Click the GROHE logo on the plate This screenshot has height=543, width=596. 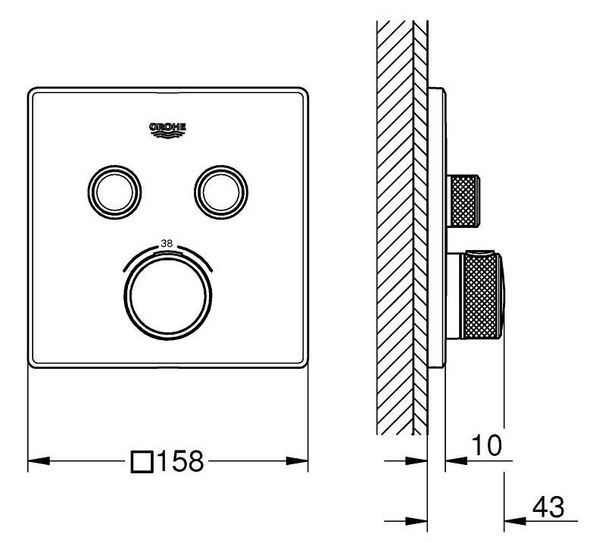[167, 130]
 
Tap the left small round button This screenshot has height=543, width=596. [114, 192]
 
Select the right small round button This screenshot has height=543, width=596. [221, 192]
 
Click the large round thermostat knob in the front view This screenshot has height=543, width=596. [167, 295]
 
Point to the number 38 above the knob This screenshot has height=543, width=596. [167, 244]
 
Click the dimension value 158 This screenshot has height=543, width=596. [180, 461]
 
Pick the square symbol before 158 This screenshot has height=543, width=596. [142, 462]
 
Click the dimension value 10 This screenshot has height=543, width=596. [486, 445]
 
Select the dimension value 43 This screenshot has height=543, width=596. [548, 507]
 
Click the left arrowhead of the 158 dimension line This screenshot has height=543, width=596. [39, 460]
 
